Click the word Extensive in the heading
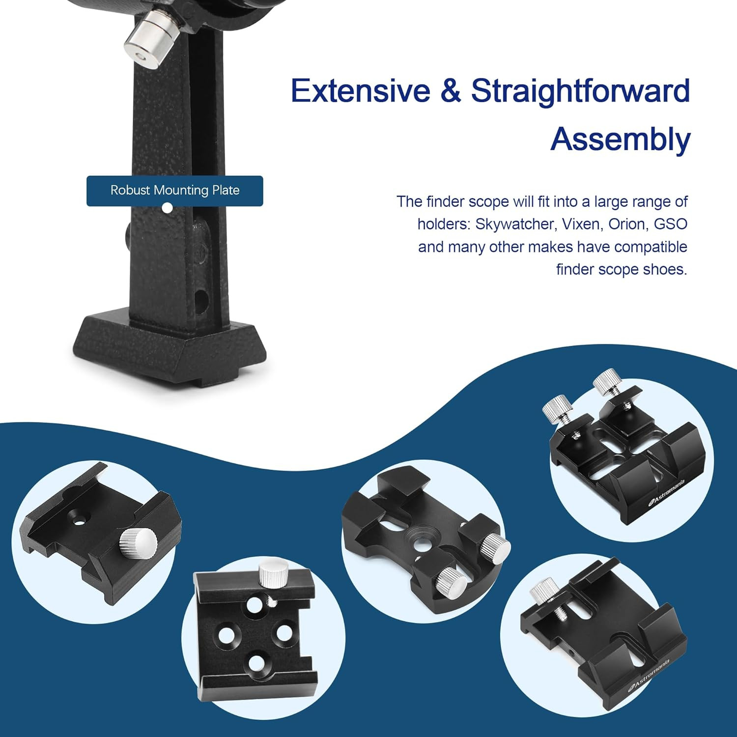click(x=360, y=91)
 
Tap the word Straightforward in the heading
click(x=581, y=91)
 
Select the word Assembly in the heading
click(x=621, y=140)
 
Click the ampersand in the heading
click(x=451, y=91)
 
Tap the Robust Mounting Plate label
click(x=175, y=191)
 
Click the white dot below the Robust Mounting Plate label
click(x=167, y=208)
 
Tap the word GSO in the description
click(x=671, y=225)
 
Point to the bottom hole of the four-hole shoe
click(x=258, y=664)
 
